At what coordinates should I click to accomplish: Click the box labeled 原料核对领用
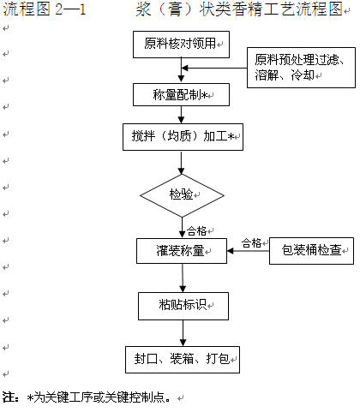[x=181, y=45]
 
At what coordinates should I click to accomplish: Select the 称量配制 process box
[x=181, y=94]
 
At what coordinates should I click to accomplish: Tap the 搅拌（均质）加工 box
[x=183, y=137]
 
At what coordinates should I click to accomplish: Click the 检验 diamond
[x=182, y=195]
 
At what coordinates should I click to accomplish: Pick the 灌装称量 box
[x=182, y=251]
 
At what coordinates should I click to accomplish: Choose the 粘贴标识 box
[x=183, y=306]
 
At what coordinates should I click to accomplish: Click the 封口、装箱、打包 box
[x=183, y=360]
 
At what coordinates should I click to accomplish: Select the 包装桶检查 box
[x=311, y=251]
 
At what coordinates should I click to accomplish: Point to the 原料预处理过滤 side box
[x=301, y=68]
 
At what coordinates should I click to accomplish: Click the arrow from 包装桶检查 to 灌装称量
[x=249, y=251]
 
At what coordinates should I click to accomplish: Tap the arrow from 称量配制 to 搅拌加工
[x=181, y=115]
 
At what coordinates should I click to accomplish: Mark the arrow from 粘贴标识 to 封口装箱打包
[x=183, y=333]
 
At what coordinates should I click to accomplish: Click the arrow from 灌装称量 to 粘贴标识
[x=183, y=278]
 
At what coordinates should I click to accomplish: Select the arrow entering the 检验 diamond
[x=181, y=163]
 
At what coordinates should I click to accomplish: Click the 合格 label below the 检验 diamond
[x=196, y=230]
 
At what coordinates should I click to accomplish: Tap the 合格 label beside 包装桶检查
[x=251, y=243]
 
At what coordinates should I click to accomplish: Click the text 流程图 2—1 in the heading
[x=45, y=9]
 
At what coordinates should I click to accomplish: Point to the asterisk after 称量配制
[x=205, y=95]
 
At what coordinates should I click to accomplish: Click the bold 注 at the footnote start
[x=9, y=397]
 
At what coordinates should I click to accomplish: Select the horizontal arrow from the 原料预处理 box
[x=214, y=68]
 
